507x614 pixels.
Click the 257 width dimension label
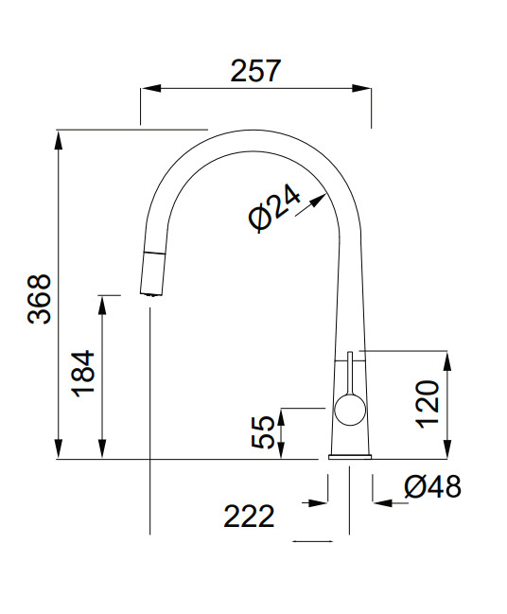pos(255,71)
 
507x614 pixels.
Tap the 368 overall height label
pos(40,299)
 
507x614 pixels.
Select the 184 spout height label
pos(84,374)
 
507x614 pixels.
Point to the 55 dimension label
pos(263,431)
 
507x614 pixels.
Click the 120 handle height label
pos(428,404)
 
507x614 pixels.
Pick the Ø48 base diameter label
pos(432,486)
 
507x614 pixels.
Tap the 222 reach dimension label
pos(249,517)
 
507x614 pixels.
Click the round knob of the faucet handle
pos(350,410)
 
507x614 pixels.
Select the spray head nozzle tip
pos(150,294)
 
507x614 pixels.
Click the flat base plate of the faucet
pos(350,456)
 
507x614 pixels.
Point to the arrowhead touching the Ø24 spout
pos(318,201)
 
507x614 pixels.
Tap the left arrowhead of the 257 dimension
pos(150,89)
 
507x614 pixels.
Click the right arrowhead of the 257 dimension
pos(361,89)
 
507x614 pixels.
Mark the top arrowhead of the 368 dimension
pos(59,140)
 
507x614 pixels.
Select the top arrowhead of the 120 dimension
pos(447,361)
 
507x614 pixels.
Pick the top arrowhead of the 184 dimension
pos(102,306)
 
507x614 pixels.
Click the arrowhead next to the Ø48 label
pos(383,502)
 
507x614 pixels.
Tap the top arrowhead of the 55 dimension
pos(281,417)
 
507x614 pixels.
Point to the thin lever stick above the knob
pos(350,373)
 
